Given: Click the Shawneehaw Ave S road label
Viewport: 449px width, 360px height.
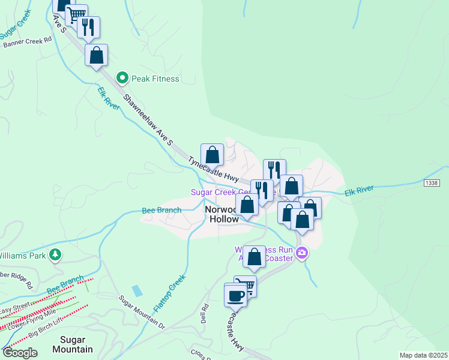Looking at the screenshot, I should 148,119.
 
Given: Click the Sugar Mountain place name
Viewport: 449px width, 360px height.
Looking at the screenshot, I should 72,344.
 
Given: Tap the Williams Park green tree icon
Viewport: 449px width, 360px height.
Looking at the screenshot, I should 55,255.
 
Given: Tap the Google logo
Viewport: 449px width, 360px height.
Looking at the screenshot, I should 20,353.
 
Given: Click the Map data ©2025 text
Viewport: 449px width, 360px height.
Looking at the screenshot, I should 423,355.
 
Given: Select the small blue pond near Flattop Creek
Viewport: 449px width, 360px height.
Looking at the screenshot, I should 137,291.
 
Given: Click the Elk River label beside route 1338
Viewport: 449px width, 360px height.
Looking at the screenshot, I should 359,190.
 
